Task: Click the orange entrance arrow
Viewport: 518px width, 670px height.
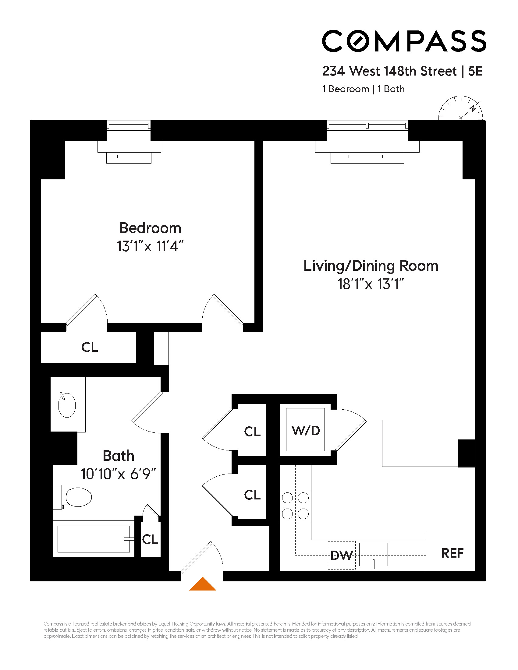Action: coord(203,584)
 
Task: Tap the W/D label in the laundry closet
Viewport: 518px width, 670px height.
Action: coord(305,431)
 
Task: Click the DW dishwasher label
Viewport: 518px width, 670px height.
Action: coord(341,555)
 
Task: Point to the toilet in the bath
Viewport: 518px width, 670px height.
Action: coord(77,497)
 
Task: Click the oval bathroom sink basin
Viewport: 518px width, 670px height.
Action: coord(67,405)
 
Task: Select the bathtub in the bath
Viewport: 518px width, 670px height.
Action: coord(93,539)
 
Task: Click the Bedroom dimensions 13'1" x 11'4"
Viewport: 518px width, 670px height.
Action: coord(150,246)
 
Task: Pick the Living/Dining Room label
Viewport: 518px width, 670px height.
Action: coord(371,266)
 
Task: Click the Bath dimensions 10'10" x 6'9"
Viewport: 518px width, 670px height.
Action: coord(119,474)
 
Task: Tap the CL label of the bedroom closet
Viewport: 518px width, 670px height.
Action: coord(90,347)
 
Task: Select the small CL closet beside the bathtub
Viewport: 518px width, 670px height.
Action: coord(150,539)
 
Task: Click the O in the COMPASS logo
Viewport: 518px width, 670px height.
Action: coord(357,41)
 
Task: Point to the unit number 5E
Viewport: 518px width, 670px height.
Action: coord(475,71)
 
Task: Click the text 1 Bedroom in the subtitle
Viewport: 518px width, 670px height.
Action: coord(346,89)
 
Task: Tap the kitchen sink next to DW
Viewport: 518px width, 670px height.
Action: coord(373,554)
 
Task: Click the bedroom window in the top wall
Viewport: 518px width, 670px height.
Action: coord(128,125)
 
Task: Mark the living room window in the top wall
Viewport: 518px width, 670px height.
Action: coord(367,125)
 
